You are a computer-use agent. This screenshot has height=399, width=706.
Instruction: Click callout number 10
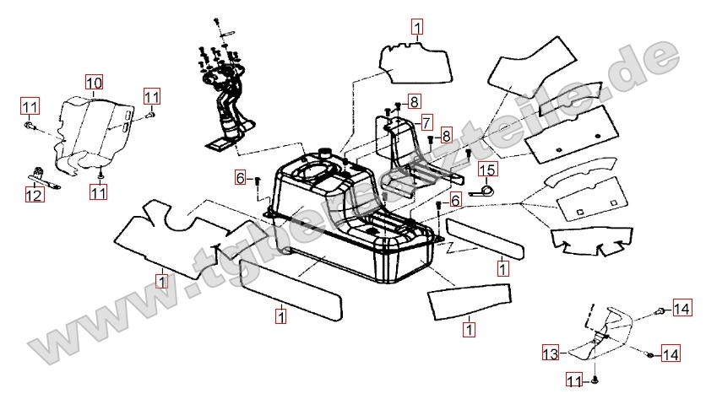[x=94, y=83]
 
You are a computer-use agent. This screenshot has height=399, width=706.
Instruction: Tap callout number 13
[x=550, y=352]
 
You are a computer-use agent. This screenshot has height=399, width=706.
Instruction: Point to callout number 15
[x=489, y=170]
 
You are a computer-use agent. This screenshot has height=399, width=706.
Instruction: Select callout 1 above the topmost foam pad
[x=417, y=27]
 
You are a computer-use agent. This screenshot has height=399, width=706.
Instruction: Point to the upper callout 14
[x=681, y=311]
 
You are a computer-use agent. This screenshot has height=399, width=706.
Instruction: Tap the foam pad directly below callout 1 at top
[x=412, y=62]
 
